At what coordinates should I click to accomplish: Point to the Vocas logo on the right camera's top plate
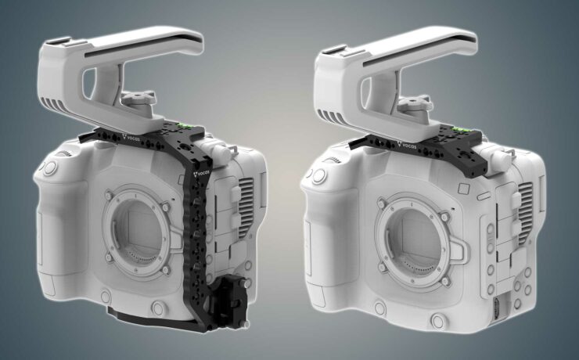click(x=408, y=145)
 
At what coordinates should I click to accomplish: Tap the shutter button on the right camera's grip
click(x=319, y=175)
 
